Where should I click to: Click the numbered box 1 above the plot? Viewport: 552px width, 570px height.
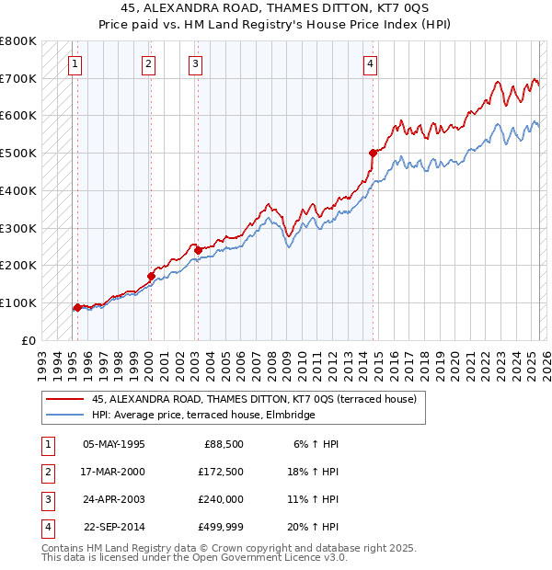[75, 64]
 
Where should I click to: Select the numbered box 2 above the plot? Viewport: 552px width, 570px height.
[148, 64]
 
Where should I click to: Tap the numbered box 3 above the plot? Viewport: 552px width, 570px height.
[196, 64]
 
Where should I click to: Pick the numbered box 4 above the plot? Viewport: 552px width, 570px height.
[369, 64]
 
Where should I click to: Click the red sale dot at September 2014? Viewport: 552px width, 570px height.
[373, 153]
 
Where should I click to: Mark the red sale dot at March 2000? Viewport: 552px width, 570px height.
[151, 275]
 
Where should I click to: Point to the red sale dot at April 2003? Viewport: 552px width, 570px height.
[198, 249]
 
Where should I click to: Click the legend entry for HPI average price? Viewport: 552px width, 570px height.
[203, 415]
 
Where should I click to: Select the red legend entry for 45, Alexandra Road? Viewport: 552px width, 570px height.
[254, 399]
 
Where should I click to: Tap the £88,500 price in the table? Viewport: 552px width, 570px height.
[221, 444]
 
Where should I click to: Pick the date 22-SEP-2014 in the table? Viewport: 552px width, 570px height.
[114, 527]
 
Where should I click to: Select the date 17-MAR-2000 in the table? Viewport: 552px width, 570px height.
[114, 472]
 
